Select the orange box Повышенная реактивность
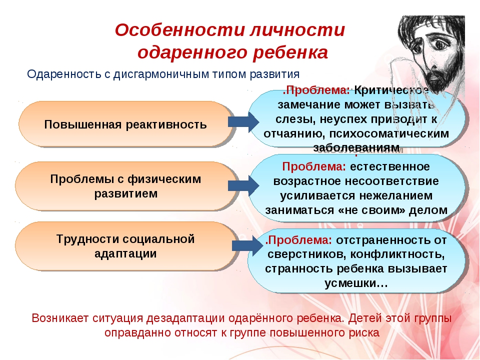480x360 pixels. pos(126,124)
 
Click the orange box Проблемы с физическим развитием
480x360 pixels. pos(126,186)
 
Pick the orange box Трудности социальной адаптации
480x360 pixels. pos(126,246)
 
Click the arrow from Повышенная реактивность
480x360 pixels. pos(243,122)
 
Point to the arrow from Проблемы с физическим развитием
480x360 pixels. pos(243,185)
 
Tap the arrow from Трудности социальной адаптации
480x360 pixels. pos(247,245)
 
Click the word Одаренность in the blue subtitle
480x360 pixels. pos(63,74)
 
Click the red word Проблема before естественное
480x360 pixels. pos(314,167)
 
